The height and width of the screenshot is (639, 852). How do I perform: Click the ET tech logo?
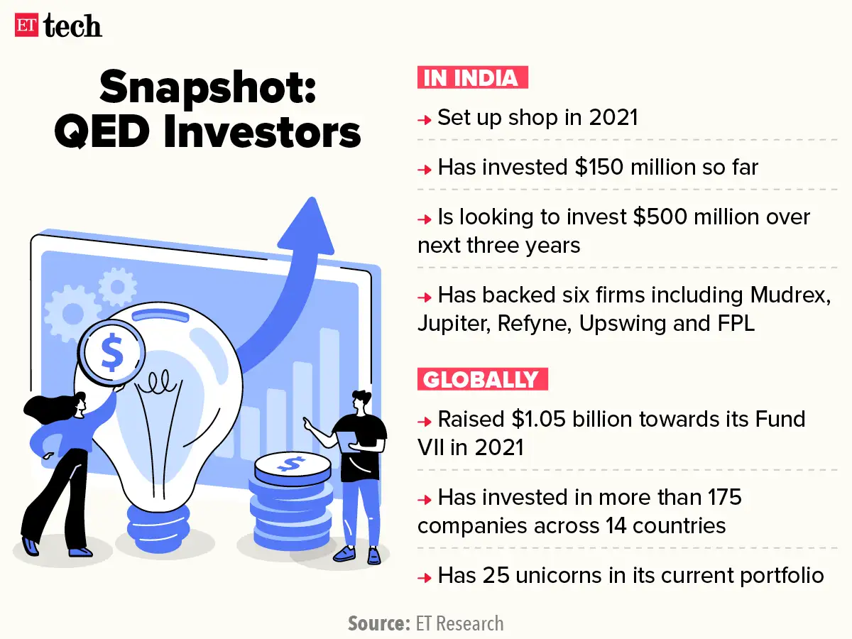click(x=58, y=26)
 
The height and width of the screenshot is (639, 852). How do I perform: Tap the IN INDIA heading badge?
click(x=473, y=77)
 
